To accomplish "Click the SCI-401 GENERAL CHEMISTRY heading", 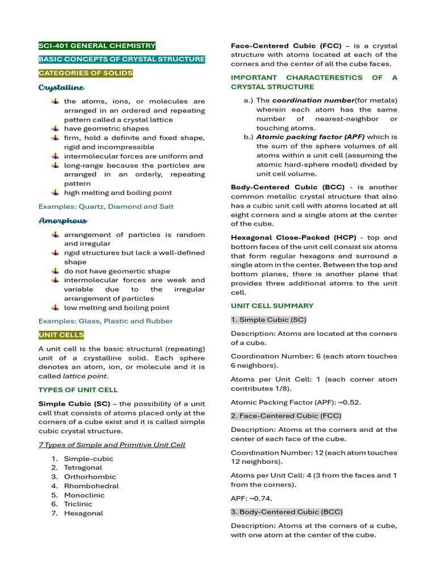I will coord(97,45).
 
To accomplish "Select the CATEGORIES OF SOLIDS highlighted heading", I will coord(86,73).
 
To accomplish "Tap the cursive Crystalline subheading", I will coord(61,88).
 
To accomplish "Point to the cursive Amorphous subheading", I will coord(63,221).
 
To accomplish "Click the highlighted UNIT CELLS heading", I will coord(61,335).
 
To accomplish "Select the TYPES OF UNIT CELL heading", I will coord(78,390).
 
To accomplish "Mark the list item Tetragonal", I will coord(83,468).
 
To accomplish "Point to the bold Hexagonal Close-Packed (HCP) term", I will coord(282,238).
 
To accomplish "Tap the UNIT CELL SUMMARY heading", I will coord(272,306).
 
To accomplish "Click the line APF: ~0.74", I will coord(251,498).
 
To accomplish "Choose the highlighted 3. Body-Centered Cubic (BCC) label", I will coord(287,512).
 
